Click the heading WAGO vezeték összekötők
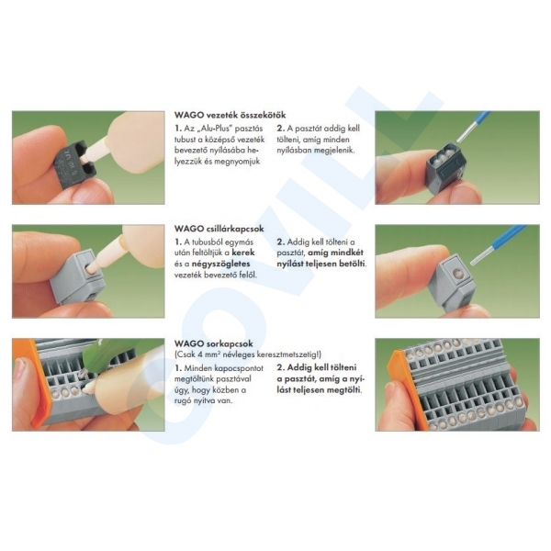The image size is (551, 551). click(x=230, y=115)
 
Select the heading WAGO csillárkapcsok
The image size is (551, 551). click(x=219, y=229)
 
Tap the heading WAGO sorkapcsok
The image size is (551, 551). click(x=214, y=343)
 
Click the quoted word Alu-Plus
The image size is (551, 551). click(x=217, y=129)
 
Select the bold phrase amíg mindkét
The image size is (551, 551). click(x=335, y=253)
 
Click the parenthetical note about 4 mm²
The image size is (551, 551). click(x=248, y=354)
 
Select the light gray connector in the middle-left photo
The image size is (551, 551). click(x=77, y=277)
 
